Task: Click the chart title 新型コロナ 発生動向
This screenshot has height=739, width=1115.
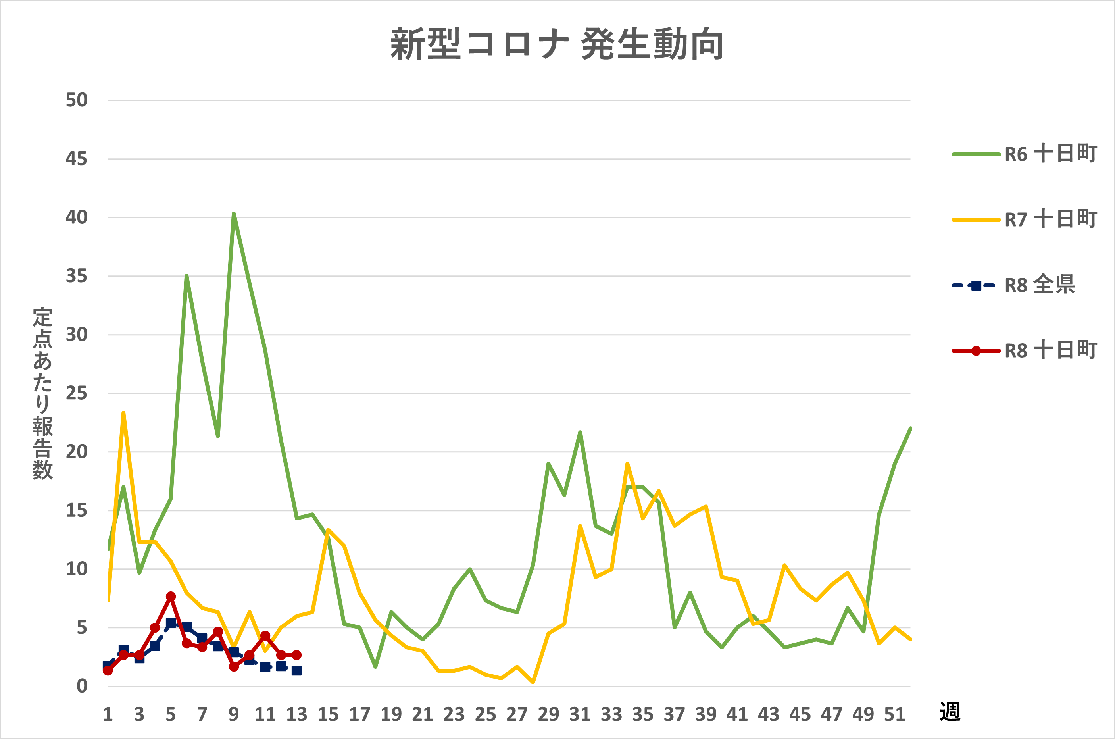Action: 557,44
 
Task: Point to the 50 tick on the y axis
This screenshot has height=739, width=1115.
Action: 76,100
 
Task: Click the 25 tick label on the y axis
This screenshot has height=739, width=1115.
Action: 76,393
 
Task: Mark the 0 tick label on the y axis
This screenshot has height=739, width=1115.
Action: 82,686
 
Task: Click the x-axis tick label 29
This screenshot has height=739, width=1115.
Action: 548,714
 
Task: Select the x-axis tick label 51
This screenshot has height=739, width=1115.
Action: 894,714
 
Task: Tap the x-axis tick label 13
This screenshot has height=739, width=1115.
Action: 296,714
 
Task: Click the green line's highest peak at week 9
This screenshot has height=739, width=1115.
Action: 234,214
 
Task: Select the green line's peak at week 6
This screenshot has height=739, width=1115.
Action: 186,277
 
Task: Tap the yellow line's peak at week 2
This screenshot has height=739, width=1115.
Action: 123,413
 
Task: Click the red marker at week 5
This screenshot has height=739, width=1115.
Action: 171,597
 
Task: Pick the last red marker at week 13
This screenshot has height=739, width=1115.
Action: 296,655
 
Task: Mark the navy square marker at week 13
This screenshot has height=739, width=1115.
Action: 296,671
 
